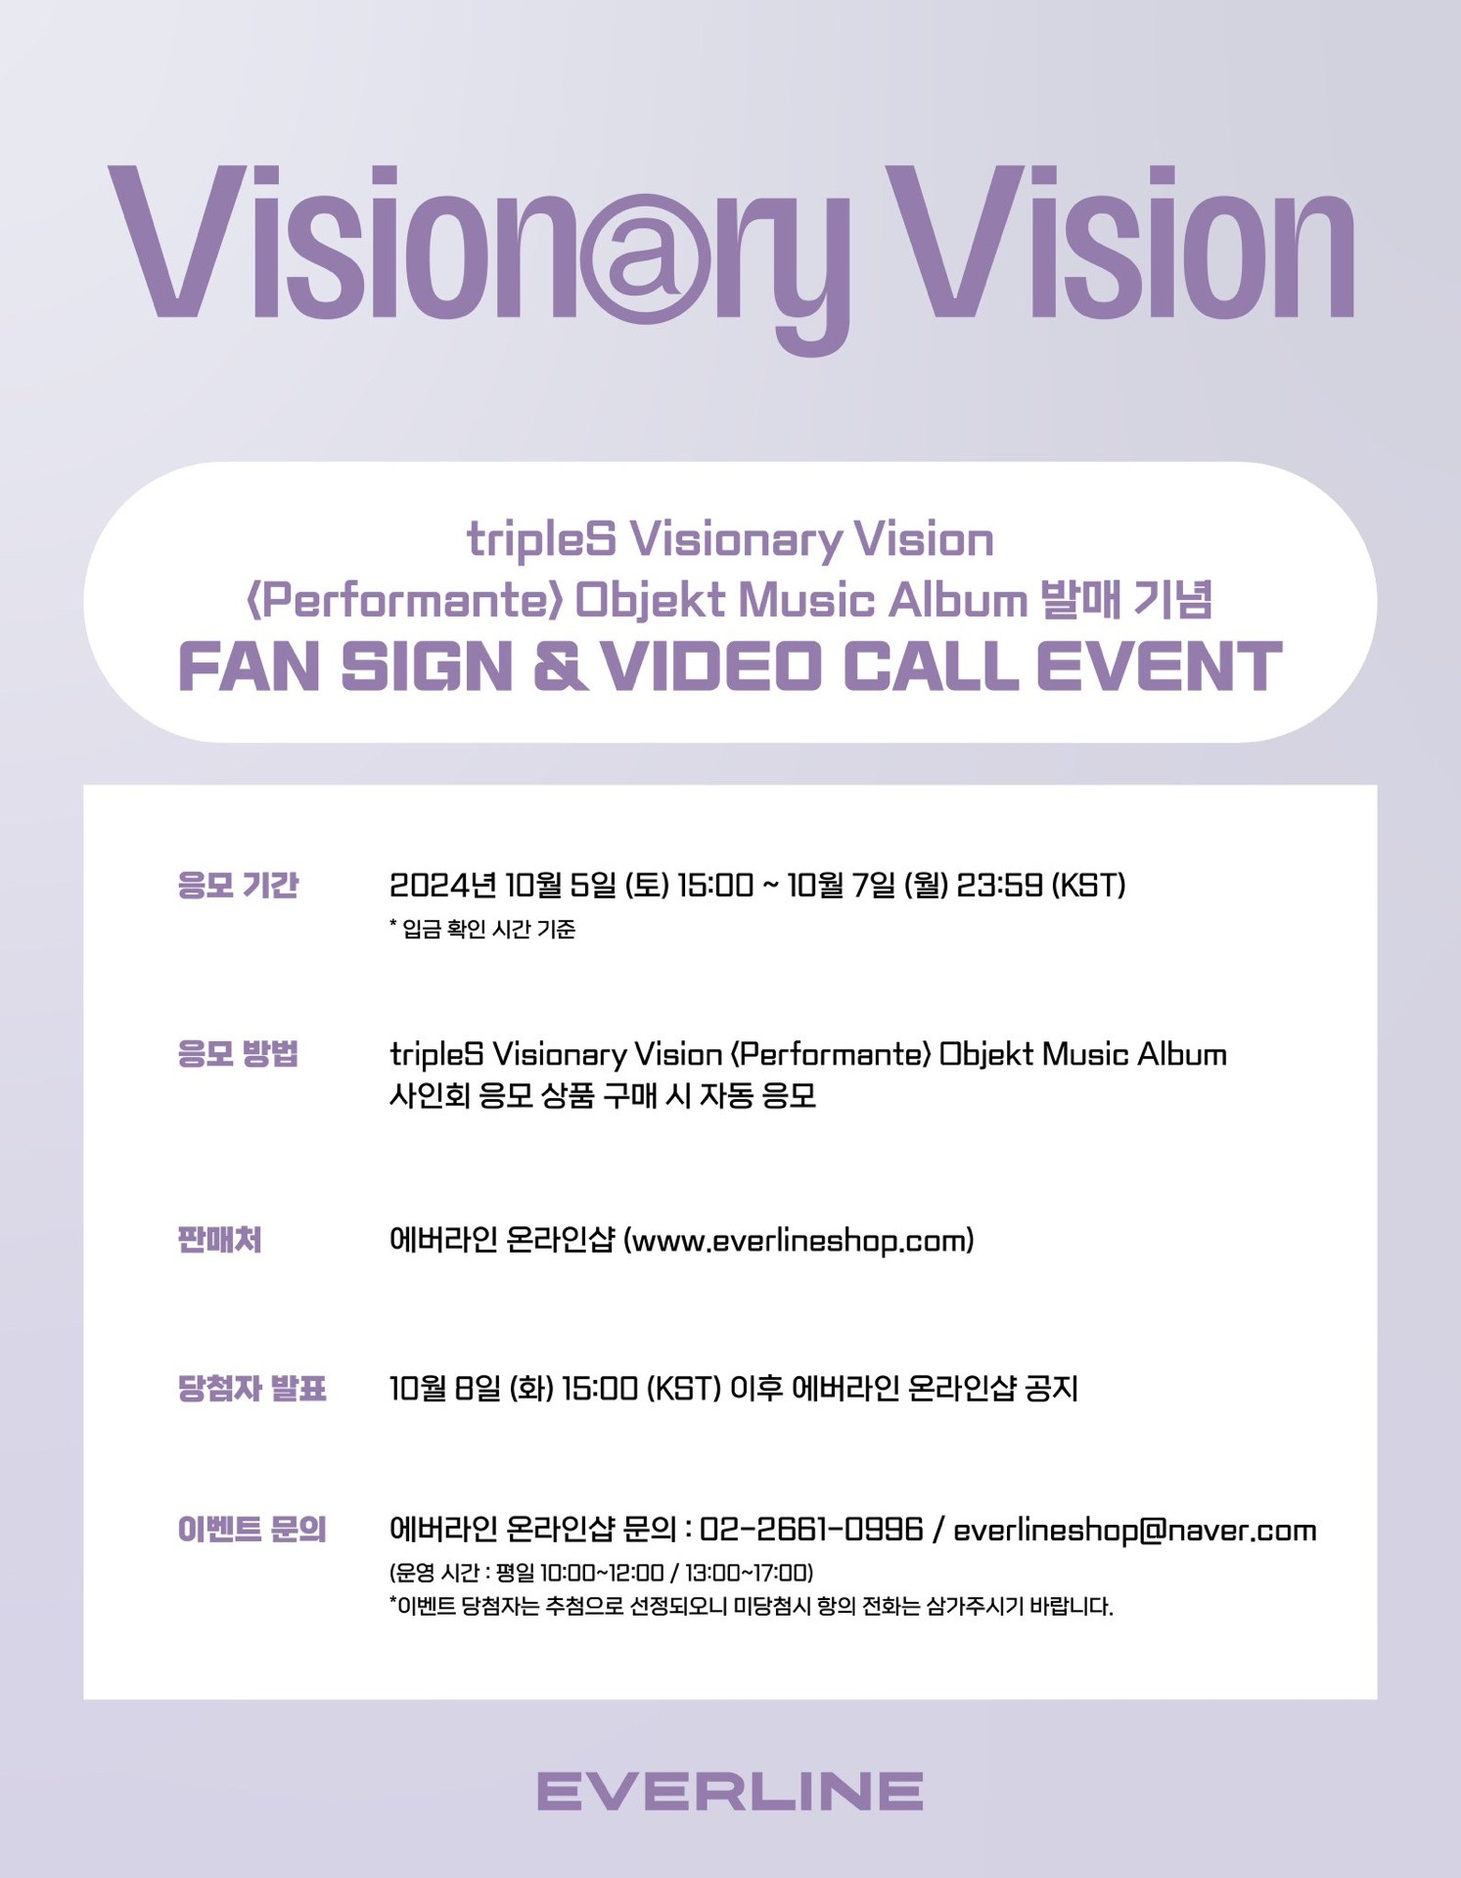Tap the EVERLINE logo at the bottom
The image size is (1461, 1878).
click(730, 1790)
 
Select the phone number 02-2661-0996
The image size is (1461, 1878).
click(812, 1529)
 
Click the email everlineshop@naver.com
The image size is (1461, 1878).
click(1135, 1530)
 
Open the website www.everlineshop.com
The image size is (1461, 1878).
click(799, 1241)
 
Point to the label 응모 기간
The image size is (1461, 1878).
click(238, 885)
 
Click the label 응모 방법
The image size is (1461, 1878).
click(238, 1054)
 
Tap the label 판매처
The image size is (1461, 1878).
click(219, 1240)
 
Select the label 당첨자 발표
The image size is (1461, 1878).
click(251, 1388)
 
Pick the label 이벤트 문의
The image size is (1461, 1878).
click(251, 1529)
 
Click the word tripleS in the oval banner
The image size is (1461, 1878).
click(541, 541)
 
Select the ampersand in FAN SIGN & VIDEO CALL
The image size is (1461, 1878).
click(557, 666)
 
